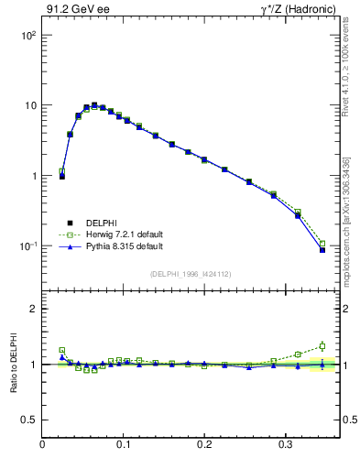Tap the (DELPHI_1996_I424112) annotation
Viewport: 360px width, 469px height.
point(191,273)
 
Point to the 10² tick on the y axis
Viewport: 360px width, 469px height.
point(27,35)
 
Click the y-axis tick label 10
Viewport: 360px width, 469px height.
point(29,105)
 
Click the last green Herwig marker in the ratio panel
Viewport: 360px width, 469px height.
point(322,346)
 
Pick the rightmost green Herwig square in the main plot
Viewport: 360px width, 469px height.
point(322,244)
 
